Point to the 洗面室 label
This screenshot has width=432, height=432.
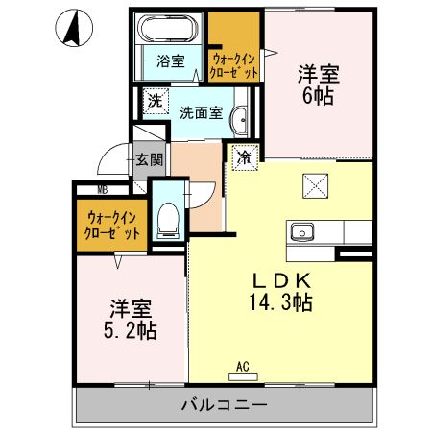click(201, 112)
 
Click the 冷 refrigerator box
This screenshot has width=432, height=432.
click(244, 156)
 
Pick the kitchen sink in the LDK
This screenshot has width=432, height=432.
click(302, 231)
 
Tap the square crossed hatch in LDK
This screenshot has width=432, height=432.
click(314, 182)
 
